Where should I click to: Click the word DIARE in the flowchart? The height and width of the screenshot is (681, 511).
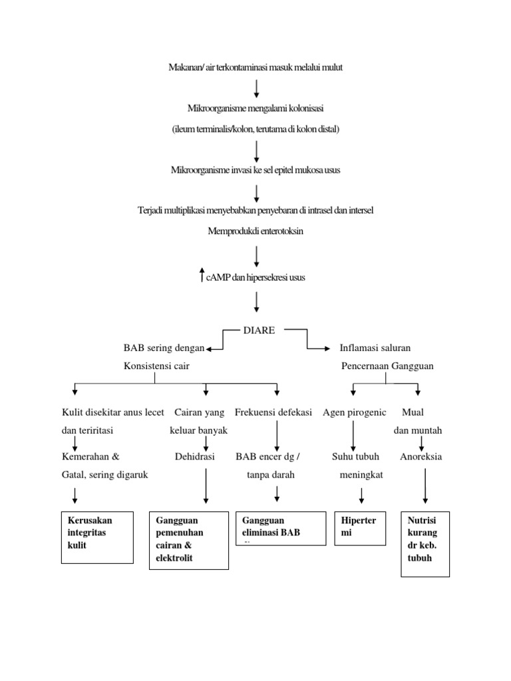259,331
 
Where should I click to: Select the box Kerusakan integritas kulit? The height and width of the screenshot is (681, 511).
97,537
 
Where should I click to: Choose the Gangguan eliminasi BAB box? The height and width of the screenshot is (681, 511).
281,528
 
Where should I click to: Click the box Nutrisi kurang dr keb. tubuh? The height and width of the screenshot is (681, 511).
425,543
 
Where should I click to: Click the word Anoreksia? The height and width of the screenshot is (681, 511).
421,457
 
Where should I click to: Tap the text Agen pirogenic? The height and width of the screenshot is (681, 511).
354,412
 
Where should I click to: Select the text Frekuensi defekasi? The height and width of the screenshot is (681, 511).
273,412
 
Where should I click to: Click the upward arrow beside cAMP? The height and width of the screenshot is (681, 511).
202,275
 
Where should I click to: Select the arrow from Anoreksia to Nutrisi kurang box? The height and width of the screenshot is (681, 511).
425,485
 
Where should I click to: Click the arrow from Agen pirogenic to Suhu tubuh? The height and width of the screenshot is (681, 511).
353,435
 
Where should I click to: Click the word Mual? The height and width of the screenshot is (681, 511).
414,412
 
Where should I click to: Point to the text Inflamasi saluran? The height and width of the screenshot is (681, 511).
375,348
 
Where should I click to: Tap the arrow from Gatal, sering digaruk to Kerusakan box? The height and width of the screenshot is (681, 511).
75,494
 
